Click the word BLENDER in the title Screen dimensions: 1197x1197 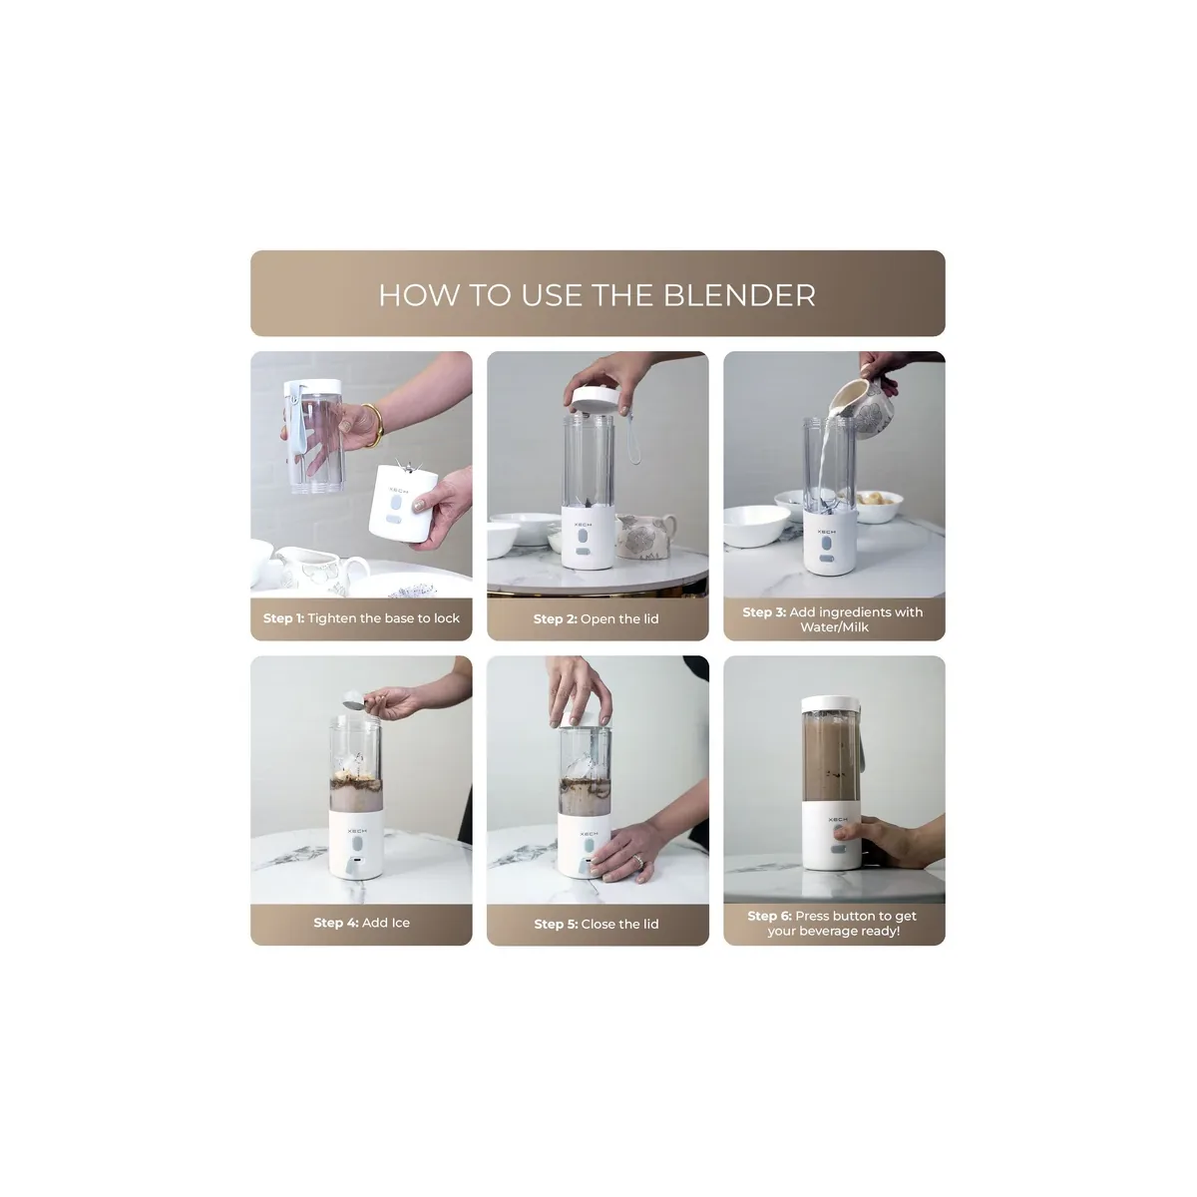click(x=739, y=295)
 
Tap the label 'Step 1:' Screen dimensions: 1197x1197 click(x=283, y=618)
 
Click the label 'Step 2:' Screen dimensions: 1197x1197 click(x=555, y=618)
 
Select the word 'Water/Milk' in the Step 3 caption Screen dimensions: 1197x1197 click(x=834, y=626)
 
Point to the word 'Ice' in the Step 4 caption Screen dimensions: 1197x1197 click(x=398, y=923)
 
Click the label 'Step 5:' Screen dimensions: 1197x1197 click(x=556, y=924)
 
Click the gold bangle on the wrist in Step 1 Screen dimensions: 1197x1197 click(x=372, y=425)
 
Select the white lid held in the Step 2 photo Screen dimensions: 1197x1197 click(x=592, y=399)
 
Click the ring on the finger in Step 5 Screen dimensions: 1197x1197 click(x=638, y=860)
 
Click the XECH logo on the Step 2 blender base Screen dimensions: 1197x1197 click(x=583, y=525)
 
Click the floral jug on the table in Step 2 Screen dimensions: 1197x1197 click(x=644, y=536)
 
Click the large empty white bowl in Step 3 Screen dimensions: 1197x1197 click(x=756, y=525)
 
